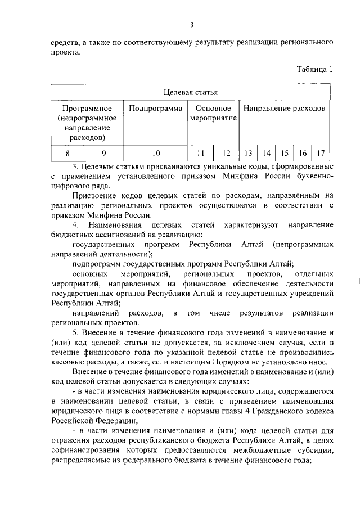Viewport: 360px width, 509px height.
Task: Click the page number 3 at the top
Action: pos(191,24)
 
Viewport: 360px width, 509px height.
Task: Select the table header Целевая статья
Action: pos(191,92)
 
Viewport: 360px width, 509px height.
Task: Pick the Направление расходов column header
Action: pos(284,108)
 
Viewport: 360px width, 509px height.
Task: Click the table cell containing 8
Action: pos(67,153)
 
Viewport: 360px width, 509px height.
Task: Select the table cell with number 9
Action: pos(103,153)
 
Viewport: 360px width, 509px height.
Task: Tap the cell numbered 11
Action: pos(200,153)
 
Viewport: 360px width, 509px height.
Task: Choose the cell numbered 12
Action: pos(226,153)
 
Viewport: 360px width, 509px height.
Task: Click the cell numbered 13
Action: pos(247,153)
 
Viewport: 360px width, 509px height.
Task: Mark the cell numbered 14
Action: pos(267,153)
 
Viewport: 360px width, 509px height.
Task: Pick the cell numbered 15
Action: pos(285,153)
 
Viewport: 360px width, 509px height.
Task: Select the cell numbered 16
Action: pos(303,153)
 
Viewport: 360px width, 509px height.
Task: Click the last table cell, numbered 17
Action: pos(321,153)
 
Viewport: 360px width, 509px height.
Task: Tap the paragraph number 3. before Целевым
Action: pos(76,167)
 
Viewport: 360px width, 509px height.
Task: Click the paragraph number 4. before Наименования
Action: pos(76,226)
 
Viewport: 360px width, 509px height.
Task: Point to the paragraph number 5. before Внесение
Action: pos(76,332)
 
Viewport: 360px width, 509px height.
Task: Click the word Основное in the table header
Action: pos(214,108)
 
